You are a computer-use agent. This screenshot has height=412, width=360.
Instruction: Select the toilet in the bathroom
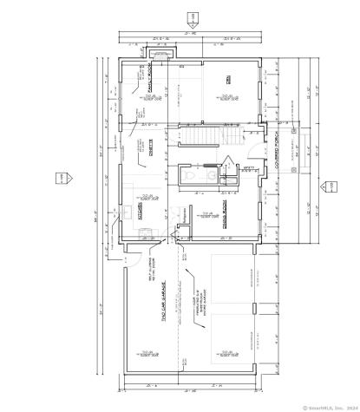(212, 174)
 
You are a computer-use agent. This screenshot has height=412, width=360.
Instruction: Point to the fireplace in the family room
(170, 58)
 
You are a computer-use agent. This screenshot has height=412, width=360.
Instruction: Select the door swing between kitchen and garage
(132, 254)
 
